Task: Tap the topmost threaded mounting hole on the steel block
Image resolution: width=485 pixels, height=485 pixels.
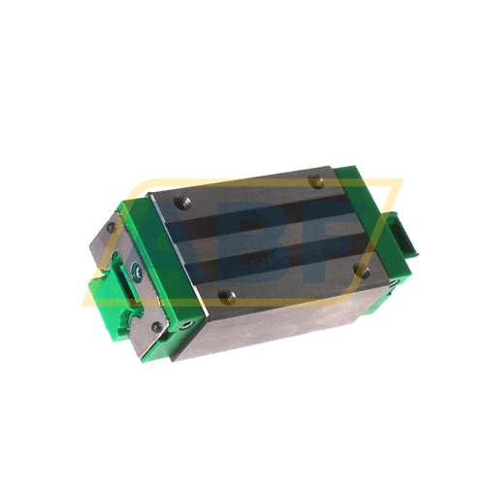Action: [x=316, y=180]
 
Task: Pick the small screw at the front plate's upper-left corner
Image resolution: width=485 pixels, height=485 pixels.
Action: [x=111, y=228]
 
